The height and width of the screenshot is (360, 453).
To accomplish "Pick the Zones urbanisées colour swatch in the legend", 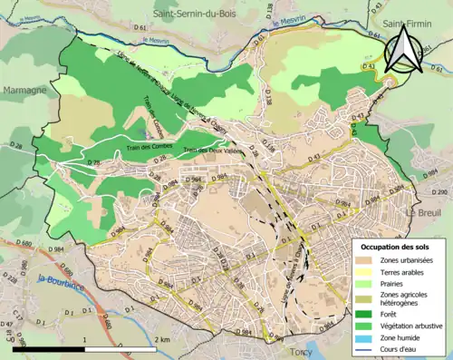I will (x=367, y=260).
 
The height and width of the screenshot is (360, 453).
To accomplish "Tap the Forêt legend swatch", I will (x=367, y=314).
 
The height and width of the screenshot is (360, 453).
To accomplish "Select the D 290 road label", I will (x=440, y=193).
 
